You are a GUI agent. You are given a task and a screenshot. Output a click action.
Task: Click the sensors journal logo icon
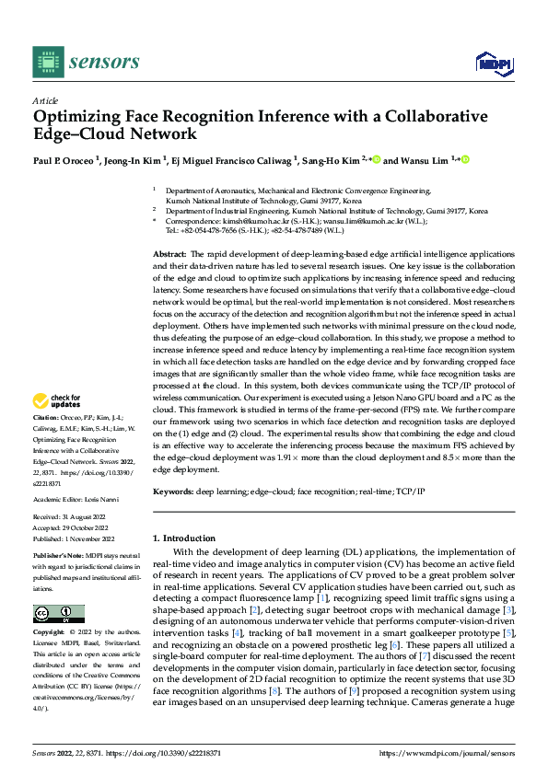click(x=49, y=61)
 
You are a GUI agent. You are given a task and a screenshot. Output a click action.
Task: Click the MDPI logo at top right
click(x=493, y=62)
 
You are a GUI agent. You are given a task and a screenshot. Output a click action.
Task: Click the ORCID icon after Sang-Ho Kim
click(x=377, y=158)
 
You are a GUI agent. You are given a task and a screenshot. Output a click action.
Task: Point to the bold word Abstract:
click(x=169, y=252)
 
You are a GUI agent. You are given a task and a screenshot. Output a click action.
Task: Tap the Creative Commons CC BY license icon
click(x=58, y=613)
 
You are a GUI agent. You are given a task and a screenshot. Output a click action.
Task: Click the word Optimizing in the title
click(x=77, y=117)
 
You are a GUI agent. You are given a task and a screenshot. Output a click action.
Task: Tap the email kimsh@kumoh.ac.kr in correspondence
click(x=251, y=222)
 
